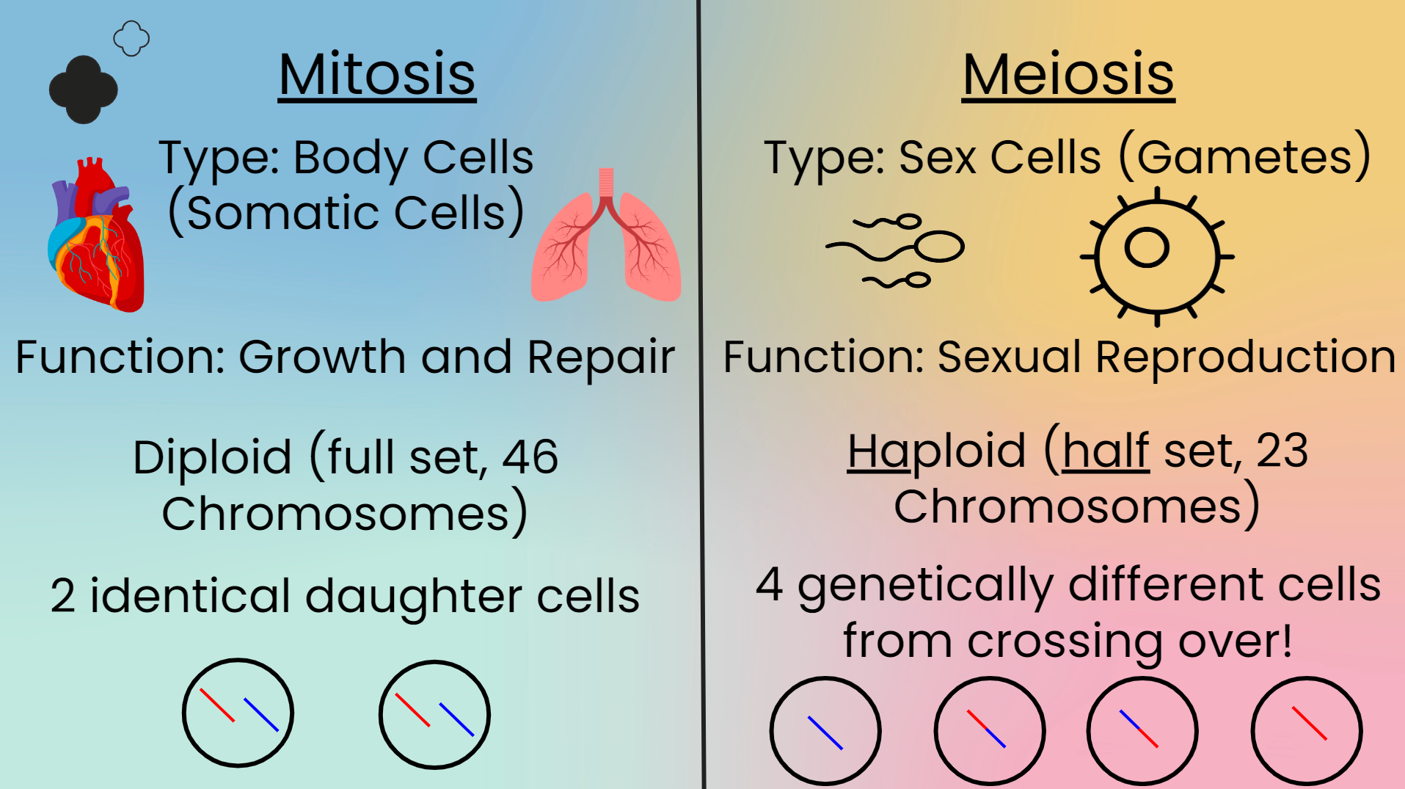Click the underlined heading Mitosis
[x=377, y=75]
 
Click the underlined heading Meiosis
[x=1068, y=75]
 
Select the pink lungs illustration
[x=606, y=236]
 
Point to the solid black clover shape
[x=83, y=90]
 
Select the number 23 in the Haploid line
[x=1282, y=450]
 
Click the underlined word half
[x=1106, y=450]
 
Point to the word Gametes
[x=1245, y=157]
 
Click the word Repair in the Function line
[x=601, y=358]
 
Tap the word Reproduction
[x=1246, y=358]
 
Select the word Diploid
[x=213, y=458]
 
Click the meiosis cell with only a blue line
[x=825, y=731]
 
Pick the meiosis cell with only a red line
[x=1307, y=731]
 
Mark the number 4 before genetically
[x=769, y=585]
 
